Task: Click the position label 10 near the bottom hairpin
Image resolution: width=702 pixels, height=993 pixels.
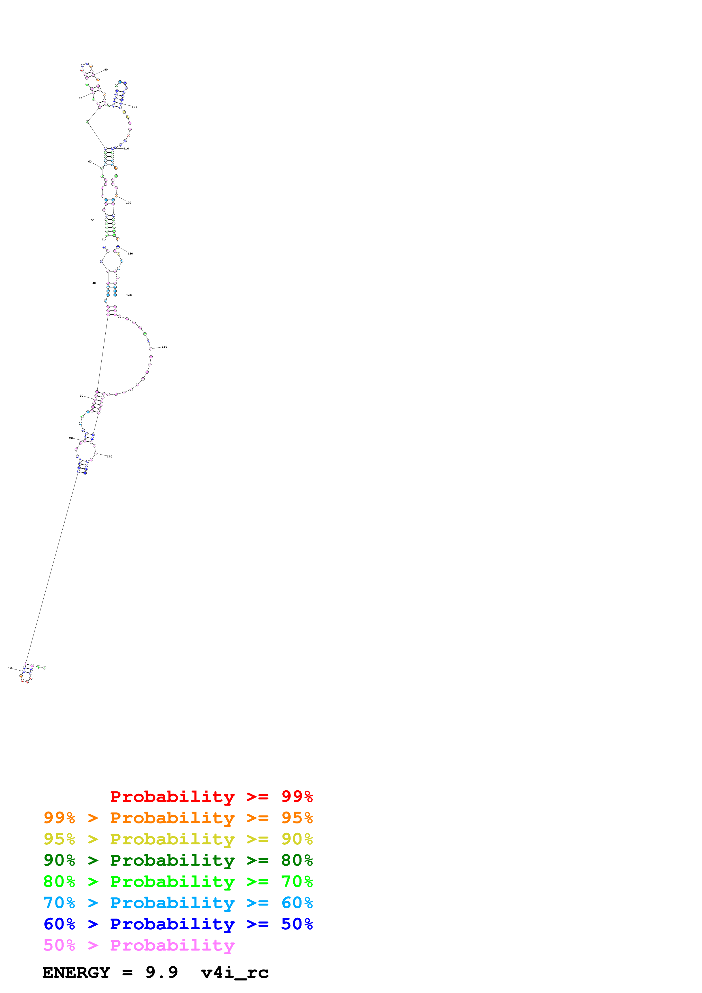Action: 10,668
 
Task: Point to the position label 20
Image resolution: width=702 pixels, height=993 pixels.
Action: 71,438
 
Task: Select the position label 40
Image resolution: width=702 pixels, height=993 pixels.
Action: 94,283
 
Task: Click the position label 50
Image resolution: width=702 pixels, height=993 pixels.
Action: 93,220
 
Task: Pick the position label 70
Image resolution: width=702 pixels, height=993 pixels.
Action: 80,98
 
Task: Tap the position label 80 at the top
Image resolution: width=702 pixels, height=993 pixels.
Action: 106,70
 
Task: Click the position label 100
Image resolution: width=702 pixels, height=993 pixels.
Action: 135,107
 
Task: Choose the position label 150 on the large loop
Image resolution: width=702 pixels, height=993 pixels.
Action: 164,347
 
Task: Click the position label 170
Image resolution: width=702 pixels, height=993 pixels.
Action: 109,457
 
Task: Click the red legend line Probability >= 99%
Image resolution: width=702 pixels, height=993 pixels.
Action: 211,797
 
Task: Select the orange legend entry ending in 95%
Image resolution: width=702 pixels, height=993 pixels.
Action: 178,818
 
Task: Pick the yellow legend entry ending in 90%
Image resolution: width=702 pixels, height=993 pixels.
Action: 178,839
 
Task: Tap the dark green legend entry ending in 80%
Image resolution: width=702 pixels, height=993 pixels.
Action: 178,860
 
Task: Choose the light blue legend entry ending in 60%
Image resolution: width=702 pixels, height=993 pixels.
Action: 178,903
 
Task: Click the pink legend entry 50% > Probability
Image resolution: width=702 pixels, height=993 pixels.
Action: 139,945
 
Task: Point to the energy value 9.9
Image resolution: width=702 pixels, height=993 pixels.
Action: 161,972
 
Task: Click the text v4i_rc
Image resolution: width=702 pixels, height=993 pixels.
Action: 235,973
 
